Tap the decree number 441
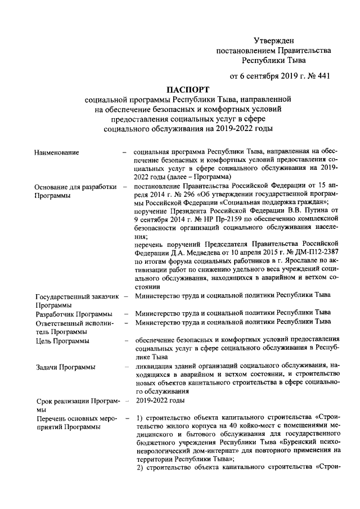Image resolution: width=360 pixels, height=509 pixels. [321, 76]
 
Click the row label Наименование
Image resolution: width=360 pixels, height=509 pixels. [56, 152]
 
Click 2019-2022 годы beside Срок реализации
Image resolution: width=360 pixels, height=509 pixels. [159, 400]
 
